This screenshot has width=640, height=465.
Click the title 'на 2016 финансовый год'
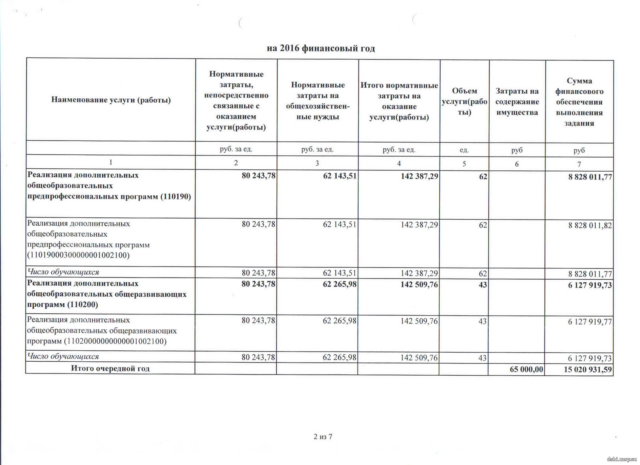tap(321, 49)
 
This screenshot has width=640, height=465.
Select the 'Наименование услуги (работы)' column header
tap(111, 100)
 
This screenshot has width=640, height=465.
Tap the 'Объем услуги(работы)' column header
tap(464, 101)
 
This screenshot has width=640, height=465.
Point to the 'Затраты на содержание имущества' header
tap(517, 102)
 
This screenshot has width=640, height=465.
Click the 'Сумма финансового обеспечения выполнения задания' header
tap(579, 102)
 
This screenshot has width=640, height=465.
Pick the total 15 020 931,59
tap(588, 370)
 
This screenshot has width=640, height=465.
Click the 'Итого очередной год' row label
tap(110, 369)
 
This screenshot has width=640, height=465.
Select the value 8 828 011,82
tap(590, 225)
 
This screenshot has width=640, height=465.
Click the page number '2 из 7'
tap(323, 437)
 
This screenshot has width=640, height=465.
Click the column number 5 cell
tap(464, 164)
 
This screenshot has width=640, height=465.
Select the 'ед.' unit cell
tap(464, 150)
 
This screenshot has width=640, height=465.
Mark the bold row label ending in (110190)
tap(109, 186)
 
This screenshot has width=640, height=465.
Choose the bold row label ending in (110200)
tap(107, 294)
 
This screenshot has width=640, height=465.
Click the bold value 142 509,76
tap(419, 285)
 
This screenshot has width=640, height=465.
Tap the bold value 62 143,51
tap(340, 176)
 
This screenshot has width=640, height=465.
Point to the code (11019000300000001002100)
tap(78, 255)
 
